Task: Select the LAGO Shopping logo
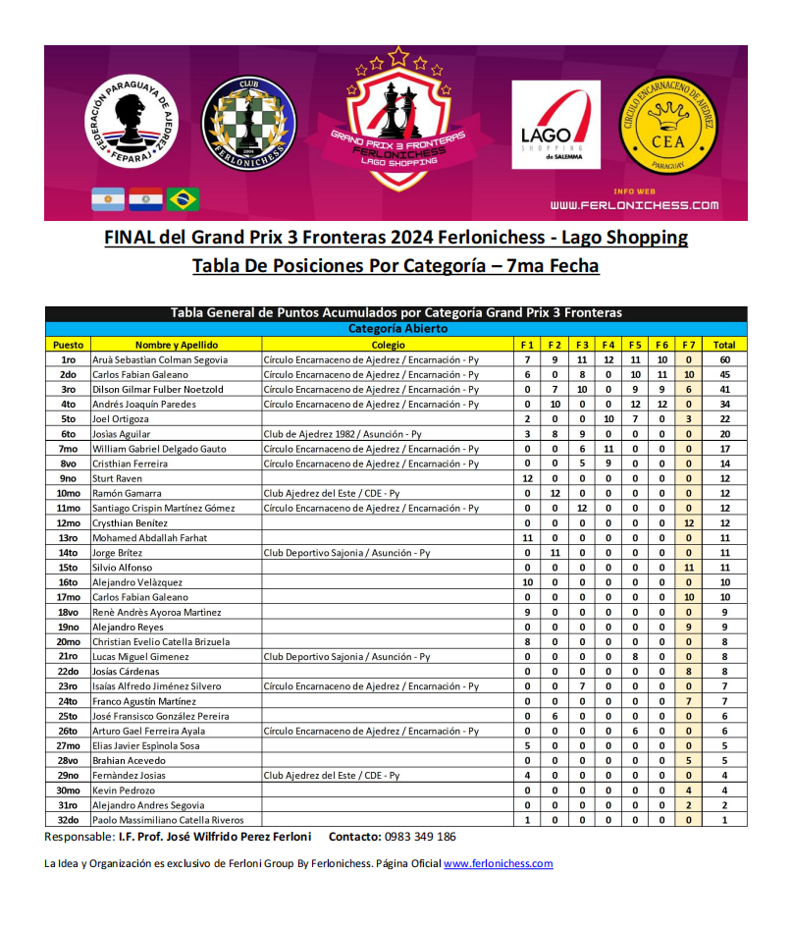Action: (555, 125)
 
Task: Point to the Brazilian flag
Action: (183, 199)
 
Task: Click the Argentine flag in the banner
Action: (108, 199)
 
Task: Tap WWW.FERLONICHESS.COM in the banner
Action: (634, 205)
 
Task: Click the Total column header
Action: (724, 345)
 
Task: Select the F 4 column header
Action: (607, 345)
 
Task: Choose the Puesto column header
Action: (68, 345)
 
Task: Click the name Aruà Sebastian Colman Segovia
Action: (160, 359)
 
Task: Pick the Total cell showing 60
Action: (724, 359)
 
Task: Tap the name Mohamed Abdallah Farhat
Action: (149, 538)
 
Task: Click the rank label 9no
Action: (68, 478)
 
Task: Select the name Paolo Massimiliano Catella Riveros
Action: (167, 820)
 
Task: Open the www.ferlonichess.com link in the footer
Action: (498, 864)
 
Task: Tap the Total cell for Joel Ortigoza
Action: (724, 419)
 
